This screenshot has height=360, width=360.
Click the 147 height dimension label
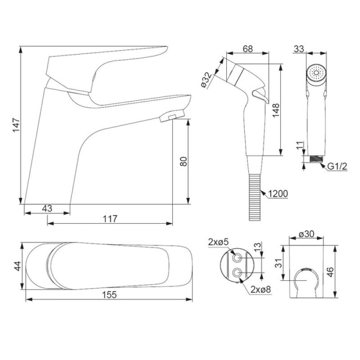(16, 125)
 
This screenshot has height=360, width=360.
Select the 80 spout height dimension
(184, 161)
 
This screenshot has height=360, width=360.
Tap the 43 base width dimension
(47, 208)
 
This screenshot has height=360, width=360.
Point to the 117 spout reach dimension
(110, 219)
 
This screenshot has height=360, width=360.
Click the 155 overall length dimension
(109, 294)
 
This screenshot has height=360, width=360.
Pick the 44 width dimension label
(18, 266)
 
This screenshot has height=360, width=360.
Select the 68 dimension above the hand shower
(248, 49)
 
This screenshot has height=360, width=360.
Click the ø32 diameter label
(206, 80)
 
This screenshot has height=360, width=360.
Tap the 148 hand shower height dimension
(276, 110)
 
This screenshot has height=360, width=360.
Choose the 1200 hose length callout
(278, 194)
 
